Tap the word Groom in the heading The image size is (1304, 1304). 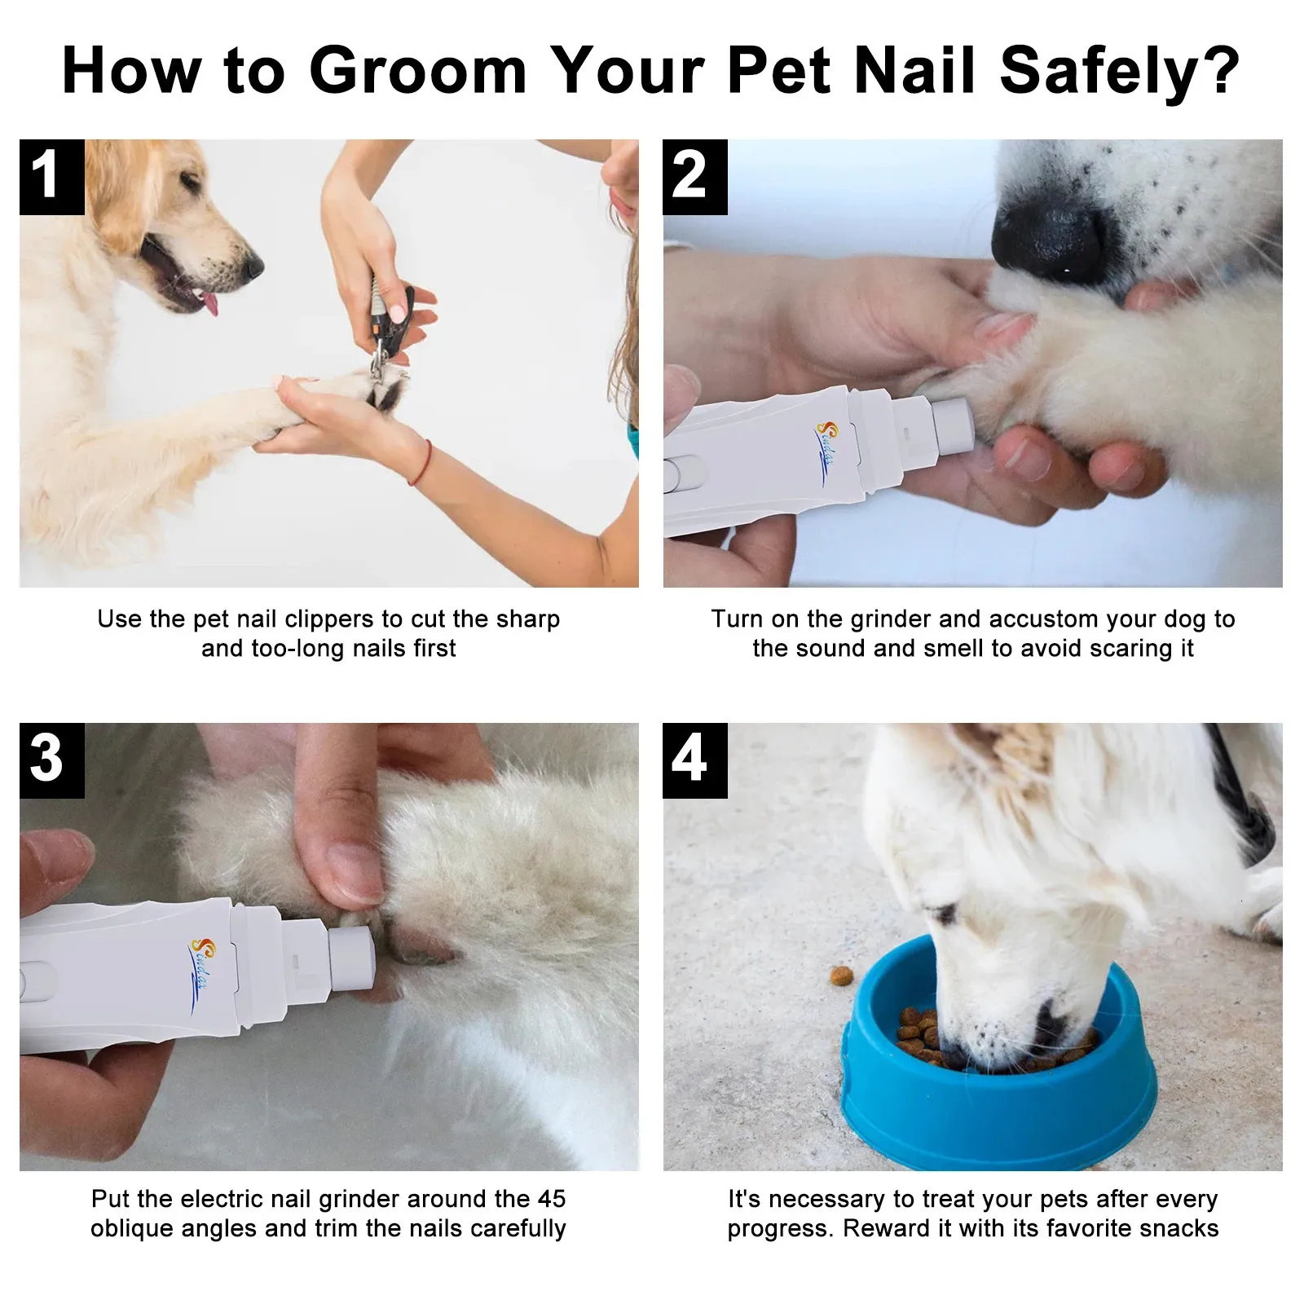point(417,72)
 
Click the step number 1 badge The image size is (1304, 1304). point(51,176)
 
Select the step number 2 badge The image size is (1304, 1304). point(694,176)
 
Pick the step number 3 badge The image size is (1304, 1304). point(51,760)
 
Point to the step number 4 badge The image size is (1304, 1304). point(694,760)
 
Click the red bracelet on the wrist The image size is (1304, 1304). point(423,462)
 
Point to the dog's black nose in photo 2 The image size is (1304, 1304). point(1051,236)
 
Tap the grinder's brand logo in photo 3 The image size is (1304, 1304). point(200,962)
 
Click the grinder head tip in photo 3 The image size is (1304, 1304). point(352,954)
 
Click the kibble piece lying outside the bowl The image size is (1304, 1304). point(839,975)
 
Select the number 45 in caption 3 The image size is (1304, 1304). point(551,1199)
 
